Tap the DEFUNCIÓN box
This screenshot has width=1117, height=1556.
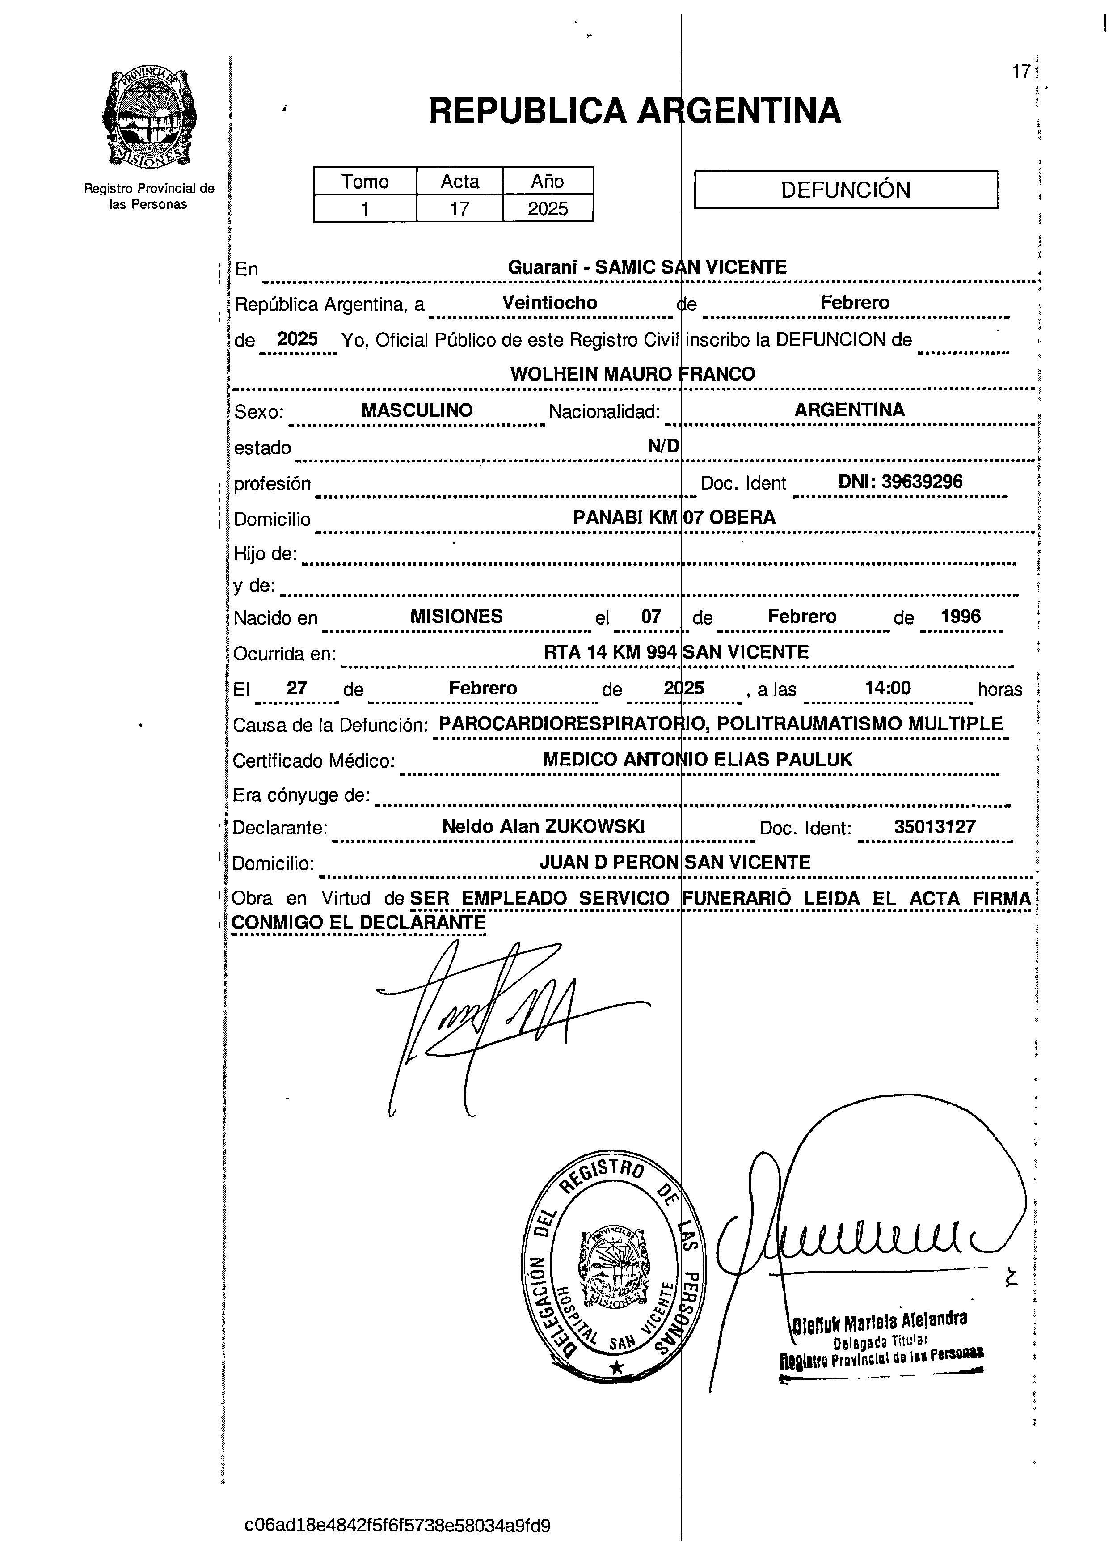coord(846,189)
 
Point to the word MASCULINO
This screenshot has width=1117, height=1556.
coord(417,410)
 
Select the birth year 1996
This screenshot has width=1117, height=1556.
coord(960,616)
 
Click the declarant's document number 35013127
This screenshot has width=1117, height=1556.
coord(934,827)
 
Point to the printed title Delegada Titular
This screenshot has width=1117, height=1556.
coord(881,1340)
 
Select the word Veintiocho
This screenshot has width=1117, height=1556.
coord(549,303)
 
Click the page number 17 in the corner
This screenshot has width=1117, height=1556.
coord(1021,72)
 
